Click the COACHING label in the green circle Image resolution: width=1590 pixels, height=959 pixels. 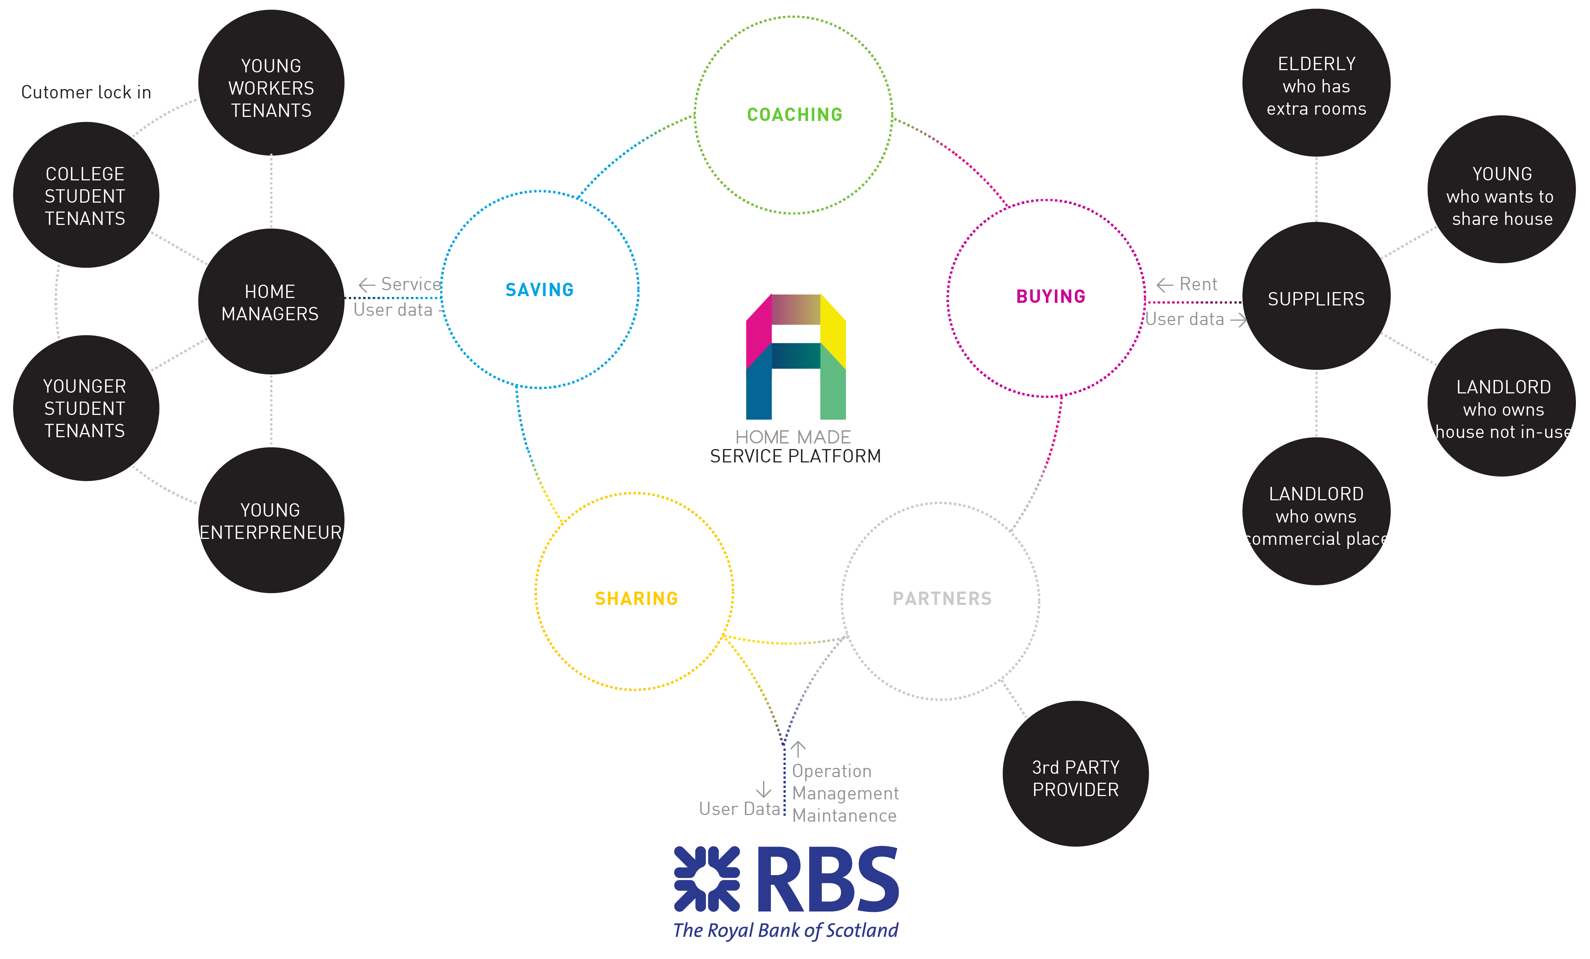tap(794, 115)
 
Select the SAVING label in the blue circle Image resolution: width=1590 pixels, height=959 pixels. tap(540, 290)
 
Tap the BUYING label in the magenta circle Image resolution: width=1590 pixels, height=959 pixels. tap(1050, 296)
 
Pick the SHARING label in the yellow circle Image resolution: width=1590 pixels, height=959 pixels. tap(636, 599)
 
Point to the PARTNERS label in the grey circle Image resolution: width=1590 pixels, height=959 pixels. tap(942, 599)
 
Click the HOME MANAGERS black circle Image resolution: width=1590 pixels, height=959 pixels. tap(270, 301)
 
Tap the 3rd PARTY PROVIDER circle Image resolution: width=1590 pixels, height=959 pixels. tap(1075, 774)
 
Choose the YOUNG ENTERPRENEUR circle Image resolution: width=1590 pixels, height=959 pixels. tap(270, 520)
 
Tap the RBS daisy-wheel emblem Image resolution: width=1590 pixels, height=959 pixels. tap(707, 879)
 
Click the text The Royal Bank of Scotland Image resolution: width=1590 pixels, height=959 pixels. tap(785, 930)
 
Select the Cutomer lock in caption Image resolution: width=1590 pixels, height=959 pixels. tap(86, 92)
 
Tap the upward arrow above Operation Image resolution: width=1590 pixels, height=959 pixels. tap(798, 749)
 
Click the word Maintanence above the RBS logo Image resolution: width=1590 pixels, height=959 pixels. tap(844, 816)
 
